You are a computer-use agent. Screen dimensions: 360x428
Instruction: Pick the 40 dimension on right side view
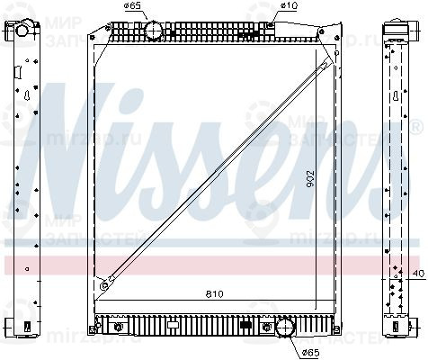coord(417,273)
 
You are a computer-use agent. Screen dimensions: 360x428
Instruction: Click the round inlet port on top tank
coord(156,31)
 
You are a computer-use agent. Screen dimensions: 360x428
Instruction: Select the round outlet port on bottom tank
coord(286,329)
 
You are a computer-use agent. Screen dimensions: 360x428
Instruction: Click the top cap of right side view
coord(397,27)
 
